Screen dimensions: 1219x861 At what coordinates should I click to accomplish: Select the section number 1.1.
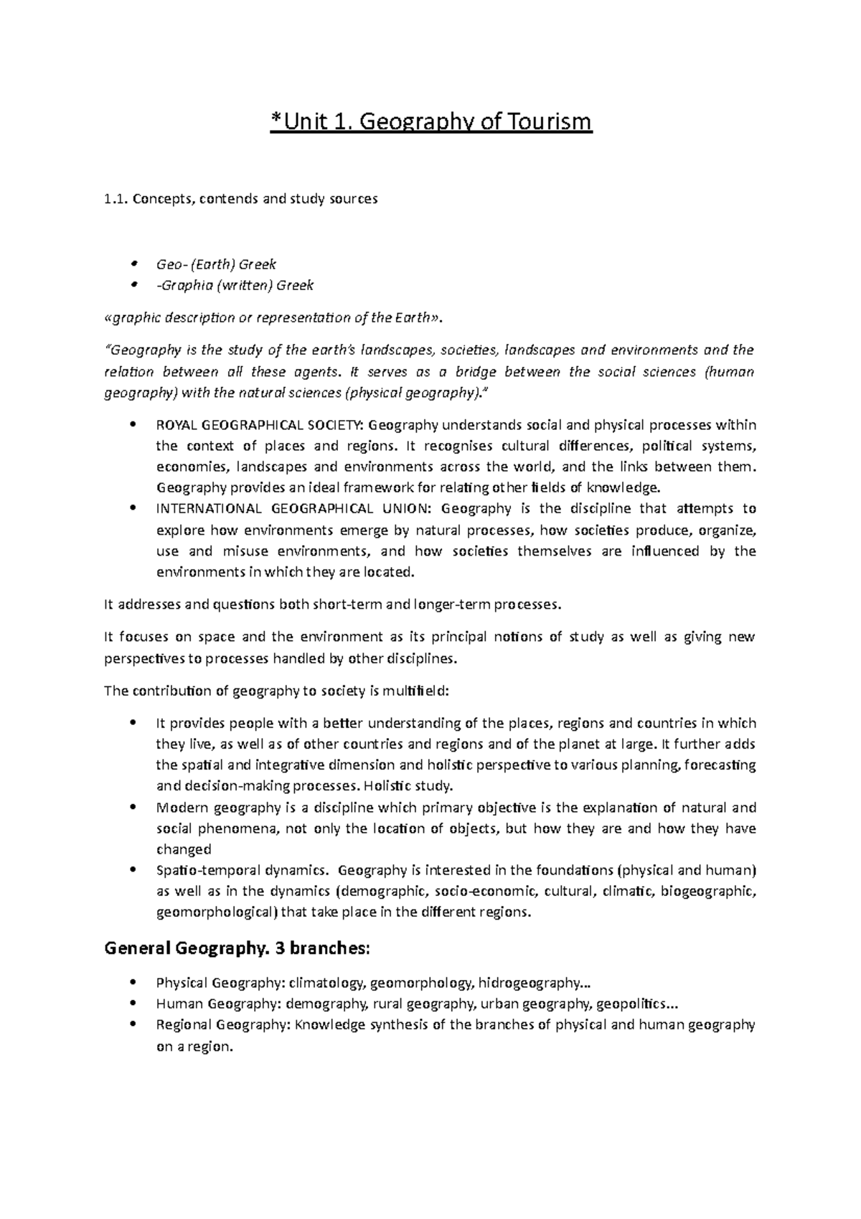(116, 200)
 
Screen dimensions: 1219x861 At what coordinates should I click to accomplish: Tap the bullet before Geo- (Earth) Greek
(134, 264)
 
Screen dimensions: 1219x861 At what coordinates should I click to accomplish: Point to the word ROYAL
(175, 425)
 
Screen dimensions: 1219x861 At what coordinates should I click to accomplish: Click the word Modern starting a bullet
(179, 808)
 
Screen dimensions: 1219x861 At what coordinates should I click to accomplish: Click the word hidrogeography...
(531, 983)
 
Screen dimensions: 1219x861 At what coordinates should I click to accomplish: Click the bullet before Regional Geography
(134, 1025)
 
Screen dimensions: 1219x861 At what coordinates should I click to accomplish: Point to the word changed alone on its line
(184, 849)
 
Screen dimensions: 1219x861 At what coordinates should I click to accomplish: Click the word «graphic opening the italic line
(133, 317)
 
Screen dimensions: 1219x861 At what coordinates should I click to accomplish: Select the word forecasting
(720, 765)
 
